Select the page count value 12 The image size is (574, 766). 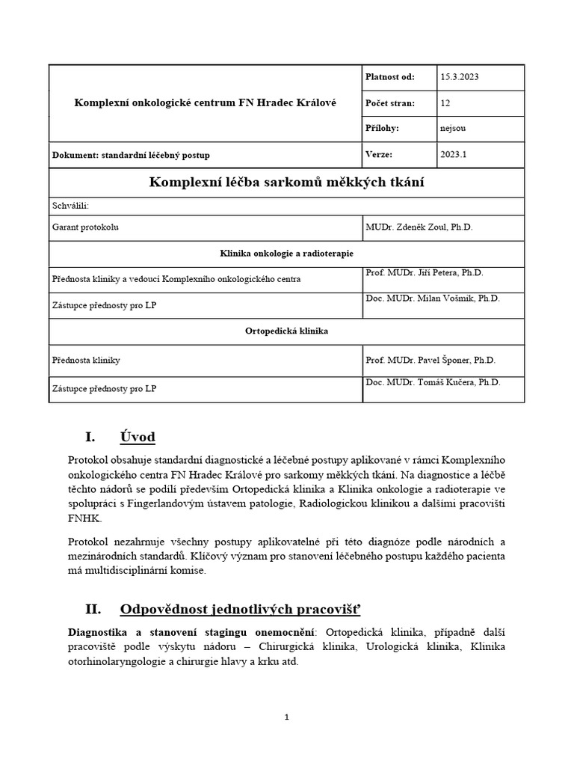point(446,103)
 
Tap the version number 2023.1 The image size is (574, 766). point(453,155)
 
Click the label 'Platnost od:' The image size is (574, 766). point(389,77)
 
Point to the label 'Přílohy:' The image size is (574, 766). point(383,129)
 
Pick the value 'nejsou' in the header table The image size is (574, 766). point(453,129)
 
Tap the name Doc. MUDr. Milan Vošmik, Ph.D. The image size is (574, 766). point(433,298)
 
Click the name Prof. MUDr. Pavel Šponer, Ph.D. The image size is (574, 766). point(430,360)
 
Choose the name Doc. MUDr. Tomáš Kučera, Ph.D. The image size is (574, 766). point(433,382)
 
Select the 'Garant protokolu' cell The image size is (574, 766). point(85,226)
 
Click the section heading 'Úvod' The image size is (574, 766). point(137,437)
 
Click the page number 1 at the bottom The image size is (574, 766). point(287,717)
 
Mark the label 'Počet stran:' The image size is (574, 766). point(389,103)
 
